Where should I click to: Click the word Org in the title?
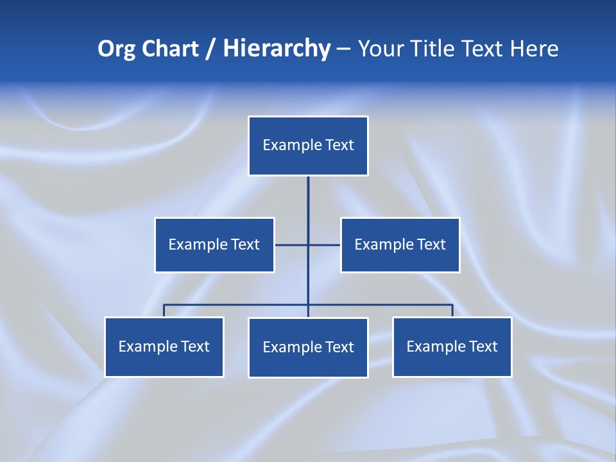point(117,49)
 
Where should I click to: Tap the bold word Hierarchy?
point(277,49)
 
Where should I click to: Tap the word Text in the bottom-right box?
point(483,346)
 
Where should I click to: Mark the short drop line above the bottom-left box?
point(164,311)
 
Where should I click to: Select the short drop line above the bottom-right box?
point(452,311)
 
